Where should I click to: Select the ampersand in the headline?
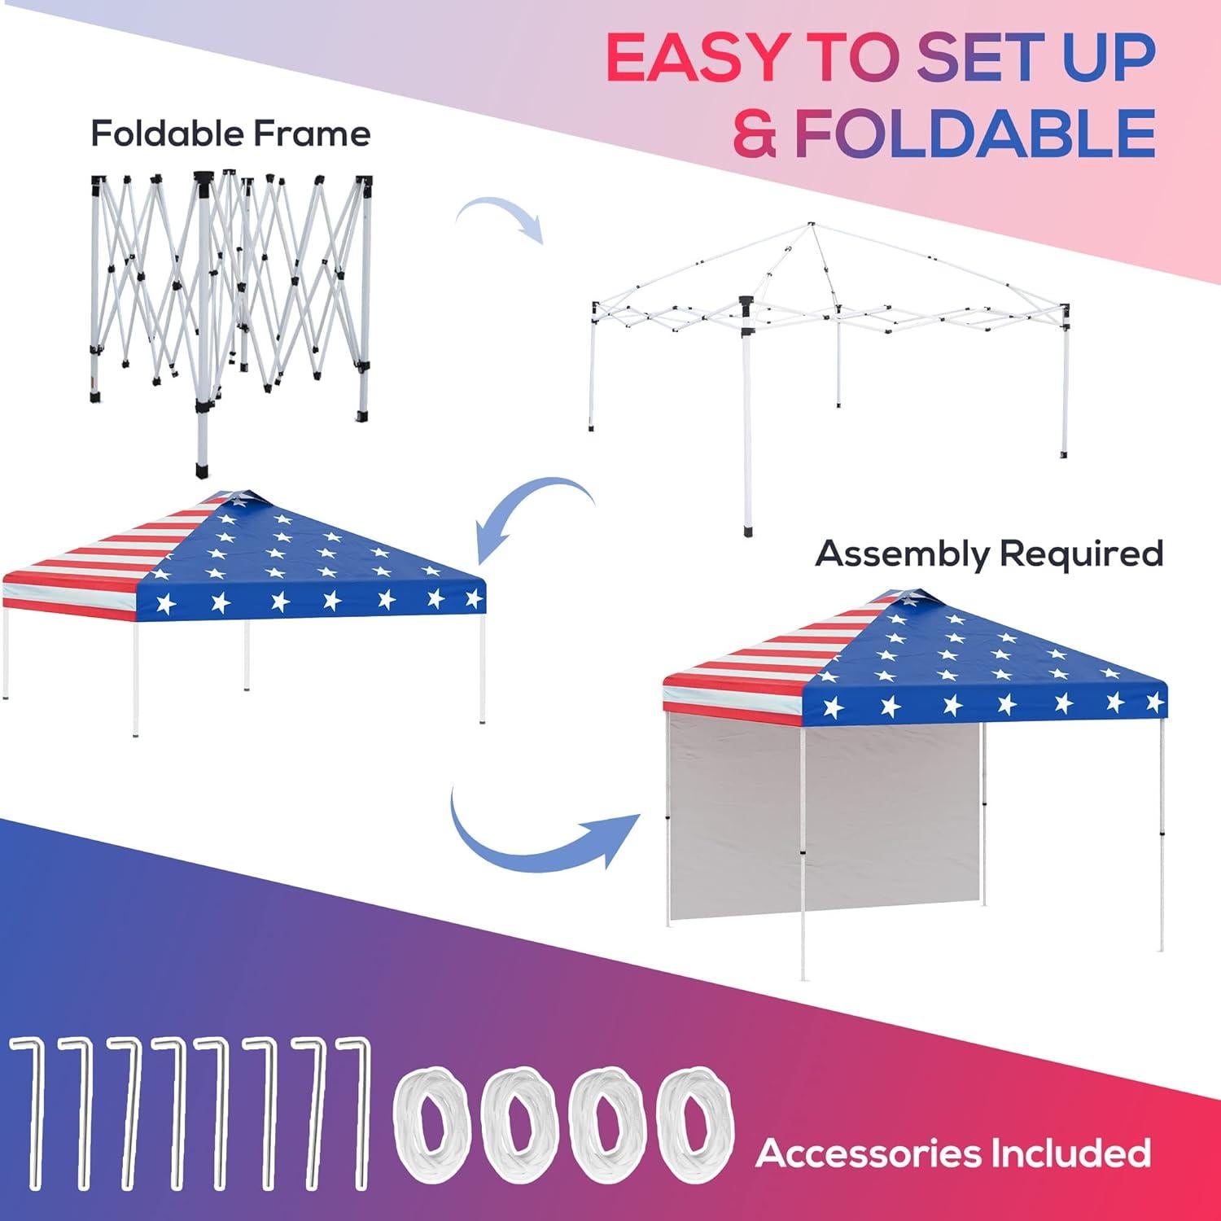[755, 133]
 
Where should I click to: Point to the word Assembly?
[903, 554]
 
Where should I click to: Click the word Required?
[1081, 554]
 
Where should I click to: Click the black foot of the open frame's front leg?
[749, 530]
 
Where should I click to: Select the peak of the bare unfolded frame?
[810, 225]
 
